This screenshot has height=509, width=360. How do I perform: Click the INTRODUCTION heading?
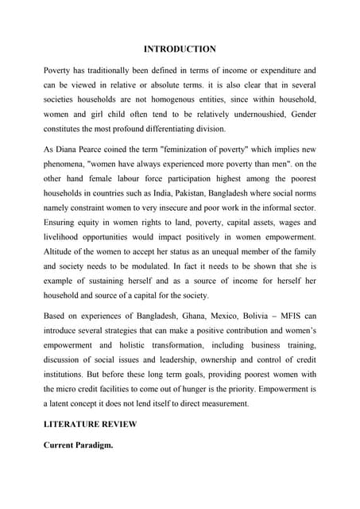(x=180, y=49)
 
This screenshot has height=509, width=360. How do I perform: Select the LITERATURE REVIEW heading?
(x=90, y=424)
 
